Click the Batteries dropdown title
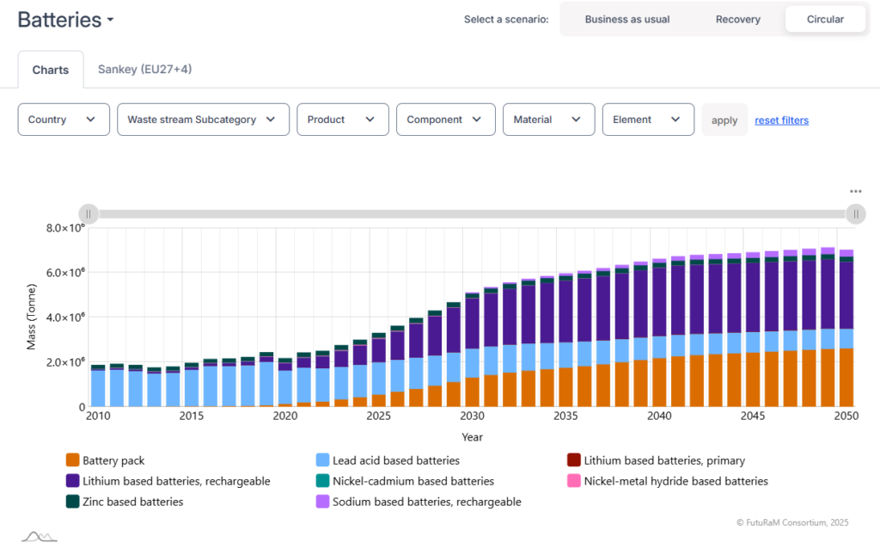pos(65,20)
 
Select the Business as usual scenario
pos(626,19)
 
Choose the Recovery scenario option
pos(737,19)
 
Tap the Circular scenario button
pos(825,19)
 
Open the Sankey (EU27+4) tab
pos(144,69)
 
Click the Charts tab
pos(51,70)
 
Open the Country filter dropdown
pos(64,119)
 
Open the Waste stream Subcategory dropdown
pos(203,119)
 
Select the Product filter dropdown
pos(342,119)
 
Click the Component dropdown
pos(446,119)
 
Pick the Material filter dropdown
pos(548,119)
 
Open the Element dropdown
pos(648,119)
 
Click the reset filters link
pos(781,120)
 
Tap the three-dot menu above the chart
pos(855,192)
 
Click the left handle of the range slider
pos(89,214)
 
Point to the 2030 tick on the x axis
pos(472,416)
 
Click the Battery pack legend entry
pos(105,460)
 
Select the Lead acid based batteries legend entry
pos(388,460)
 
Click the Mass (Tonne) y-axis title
pos(32,317)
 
